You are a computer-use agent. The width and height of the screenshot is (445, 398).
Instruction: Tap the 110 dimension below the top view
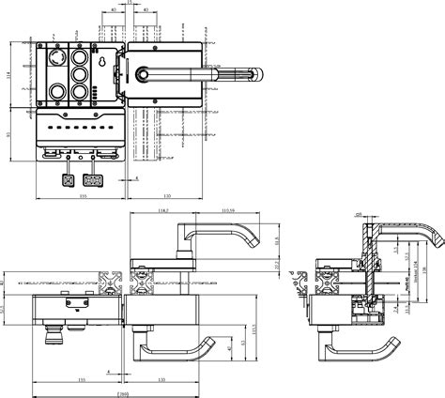(x=167, y=194)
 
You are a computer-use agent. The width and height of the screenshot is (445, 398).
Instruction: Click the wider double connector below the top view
(x=93, y=179)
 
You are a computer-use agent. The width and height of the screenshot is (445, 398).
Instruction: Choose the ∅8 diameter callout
(x=359, y=214)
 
